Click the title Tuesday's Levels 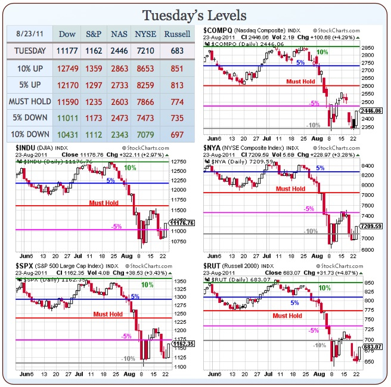pyautogui.click(x=195, y=14)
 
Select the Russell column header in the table pyautogui.click(x=177, y=34)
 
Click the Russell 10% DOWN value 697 pyautogui.click(x=177, y=135)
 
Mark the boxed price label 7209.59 pyautogui.click(x=372, y=227)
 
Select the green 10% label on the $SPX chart pyautogui.click(x=147, y=285)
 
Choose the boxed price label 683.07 pyautogui.click(x=372, y=346)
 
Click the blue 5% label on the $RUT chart pyautogui.click(x=294, y=303)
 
